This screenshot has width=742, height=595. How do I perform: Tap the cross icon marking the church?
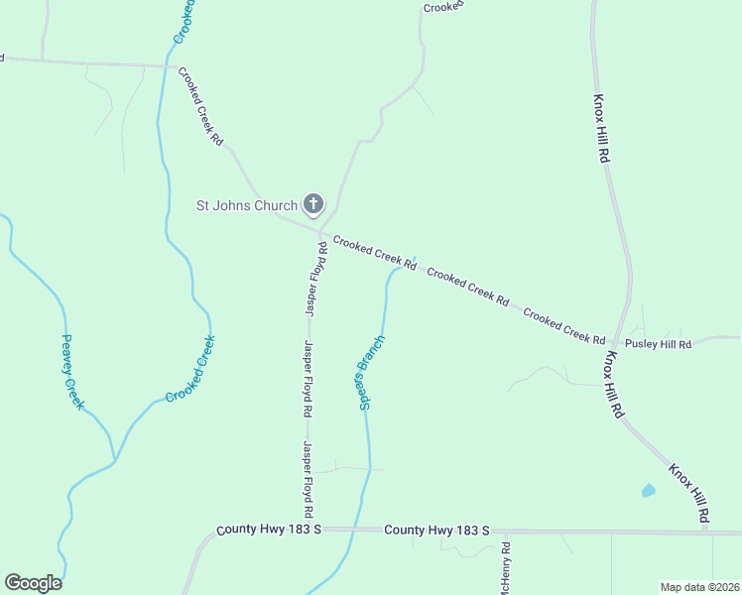pos(312,205)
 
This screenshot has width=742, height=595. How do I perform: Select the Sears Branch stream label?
pos(371,373)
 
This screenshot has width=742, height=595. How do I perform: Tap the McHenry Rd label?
pos(505,565)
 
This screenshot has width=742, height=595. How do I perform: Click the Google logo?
pos(33,583)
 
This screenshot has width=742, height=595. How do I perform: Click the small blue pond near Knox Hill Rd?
pos(649,490)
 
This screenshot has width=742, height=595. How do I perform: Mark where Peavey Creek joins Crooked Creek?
pos(115,460)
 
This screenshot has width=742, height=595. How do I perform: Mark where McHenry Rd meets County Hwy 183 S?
pos(505,532)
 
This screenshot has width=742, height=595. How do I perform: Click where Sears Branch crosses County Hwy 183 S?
pos(349,530)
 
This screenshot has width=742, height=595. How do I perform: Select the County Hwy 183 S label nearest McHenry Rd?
pos(436,532)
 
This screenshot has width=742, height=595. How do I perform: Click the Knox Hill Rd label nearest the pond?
pos(688,493)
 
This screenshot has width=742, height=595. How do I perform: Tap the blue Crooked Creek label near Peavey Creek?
pos(190,369)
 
